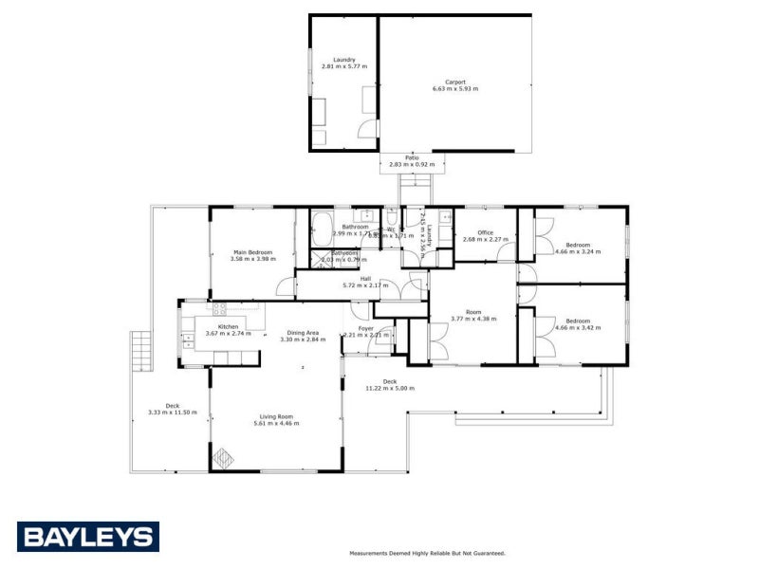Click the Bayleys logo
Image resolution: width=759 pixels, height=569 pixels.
click(x=87, y=537)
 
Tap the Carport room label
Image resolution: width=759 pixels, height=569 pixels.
click(x=455, y=82)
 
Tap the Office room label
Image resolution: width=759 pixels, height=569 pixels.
click(x=485, y=232)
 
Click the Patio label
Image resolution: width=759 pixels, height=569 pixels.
click(x=412, y=157)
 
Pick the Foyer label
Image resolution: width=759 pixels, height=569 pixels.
click(x=365, y=328)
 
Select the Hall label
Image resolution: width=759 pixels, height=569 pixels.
click(x=365, y=278)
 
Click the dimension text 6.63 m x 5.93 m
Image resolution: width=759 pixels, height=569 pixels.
click(x=455, y=88)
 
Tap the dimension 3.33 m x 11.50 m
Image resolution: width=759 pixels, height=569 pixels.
click(x=172, y=413)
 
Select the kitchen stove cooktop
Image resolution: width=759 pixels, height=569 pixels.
click(x=219, y=306)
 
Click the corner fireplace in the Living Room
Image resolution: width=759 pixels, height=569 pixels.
click(x=223, y=458)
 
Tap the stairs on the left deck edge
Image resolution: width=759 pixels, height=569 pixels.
click(x=140, y=350)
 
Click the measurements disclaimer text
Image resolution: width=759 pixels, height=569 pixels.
click(x=427, y=552)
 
